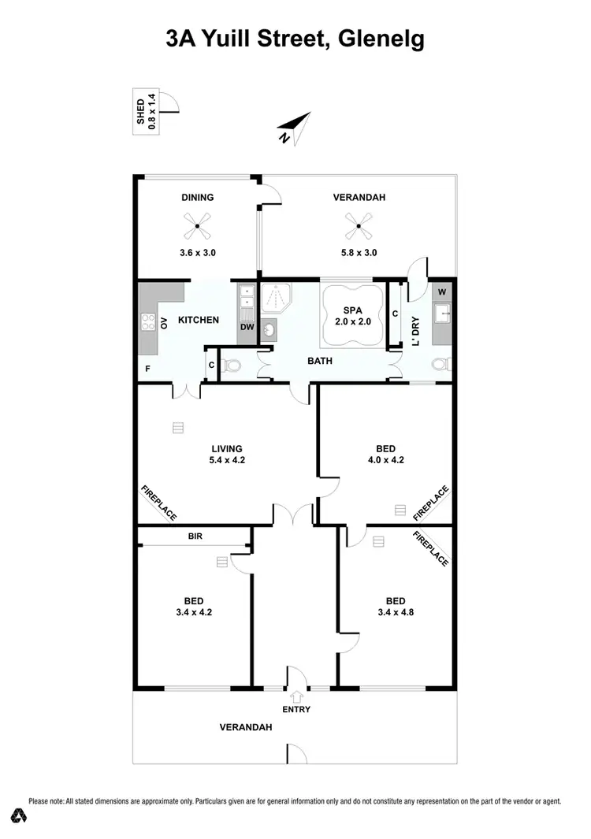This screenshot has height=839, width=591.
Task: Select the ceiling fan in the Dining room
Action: pos(198,228)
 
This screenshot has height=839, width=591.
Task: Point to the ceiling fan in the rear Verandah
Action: pos(359,228)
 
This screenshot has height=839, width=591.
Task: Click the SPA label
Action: pos(352,311)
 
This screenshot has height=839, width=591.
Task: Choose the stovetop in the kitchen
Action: pos(147,322)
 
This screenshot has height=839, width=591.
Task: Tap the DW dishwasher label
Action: pos(246,326)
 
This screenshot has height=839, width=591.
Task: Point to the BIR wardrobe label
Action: pos(195,536)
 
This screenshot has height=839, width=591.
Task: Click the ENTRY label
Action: pos(297,709)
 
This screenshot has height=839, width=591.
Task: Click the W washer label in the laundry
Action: pos(441,291)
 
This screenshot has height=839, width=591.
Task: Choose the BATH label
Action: pos(320,362)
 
